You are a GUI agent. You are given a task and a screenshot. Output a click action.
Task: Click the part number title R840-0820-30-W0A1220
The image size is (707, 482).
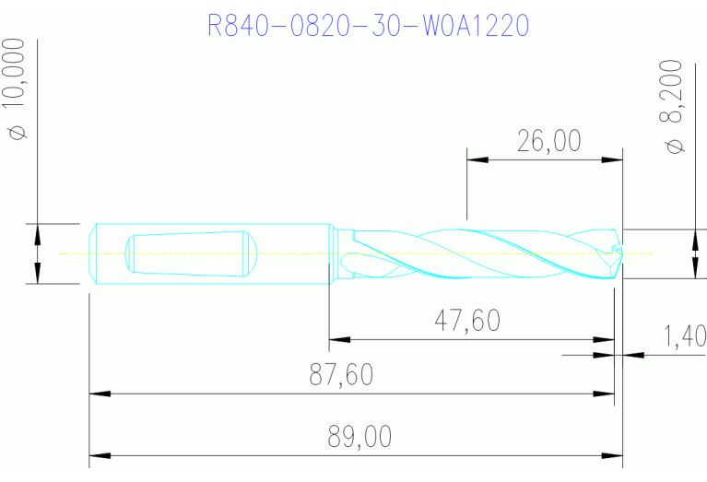click(x=369, y=25)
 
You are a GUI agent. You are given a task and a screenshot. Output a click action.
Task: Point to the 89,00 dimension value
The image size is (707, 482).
click(x=359, y=436)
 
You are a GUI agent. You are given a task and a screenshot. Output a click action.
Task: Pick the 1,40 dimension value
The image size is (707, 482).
click(x=684, y=336)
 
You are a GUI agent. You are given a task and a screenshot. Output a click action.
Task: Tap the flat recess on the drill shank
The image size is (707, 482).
click(x=189, y=253)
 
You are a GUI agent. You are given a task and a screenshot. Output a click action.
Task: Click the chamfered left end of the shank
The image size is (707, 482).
click(x=93, y=253)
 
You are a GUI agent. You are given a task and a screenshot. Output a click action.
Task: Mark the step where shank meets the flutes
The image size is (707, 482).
click(x=332, y=253)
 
